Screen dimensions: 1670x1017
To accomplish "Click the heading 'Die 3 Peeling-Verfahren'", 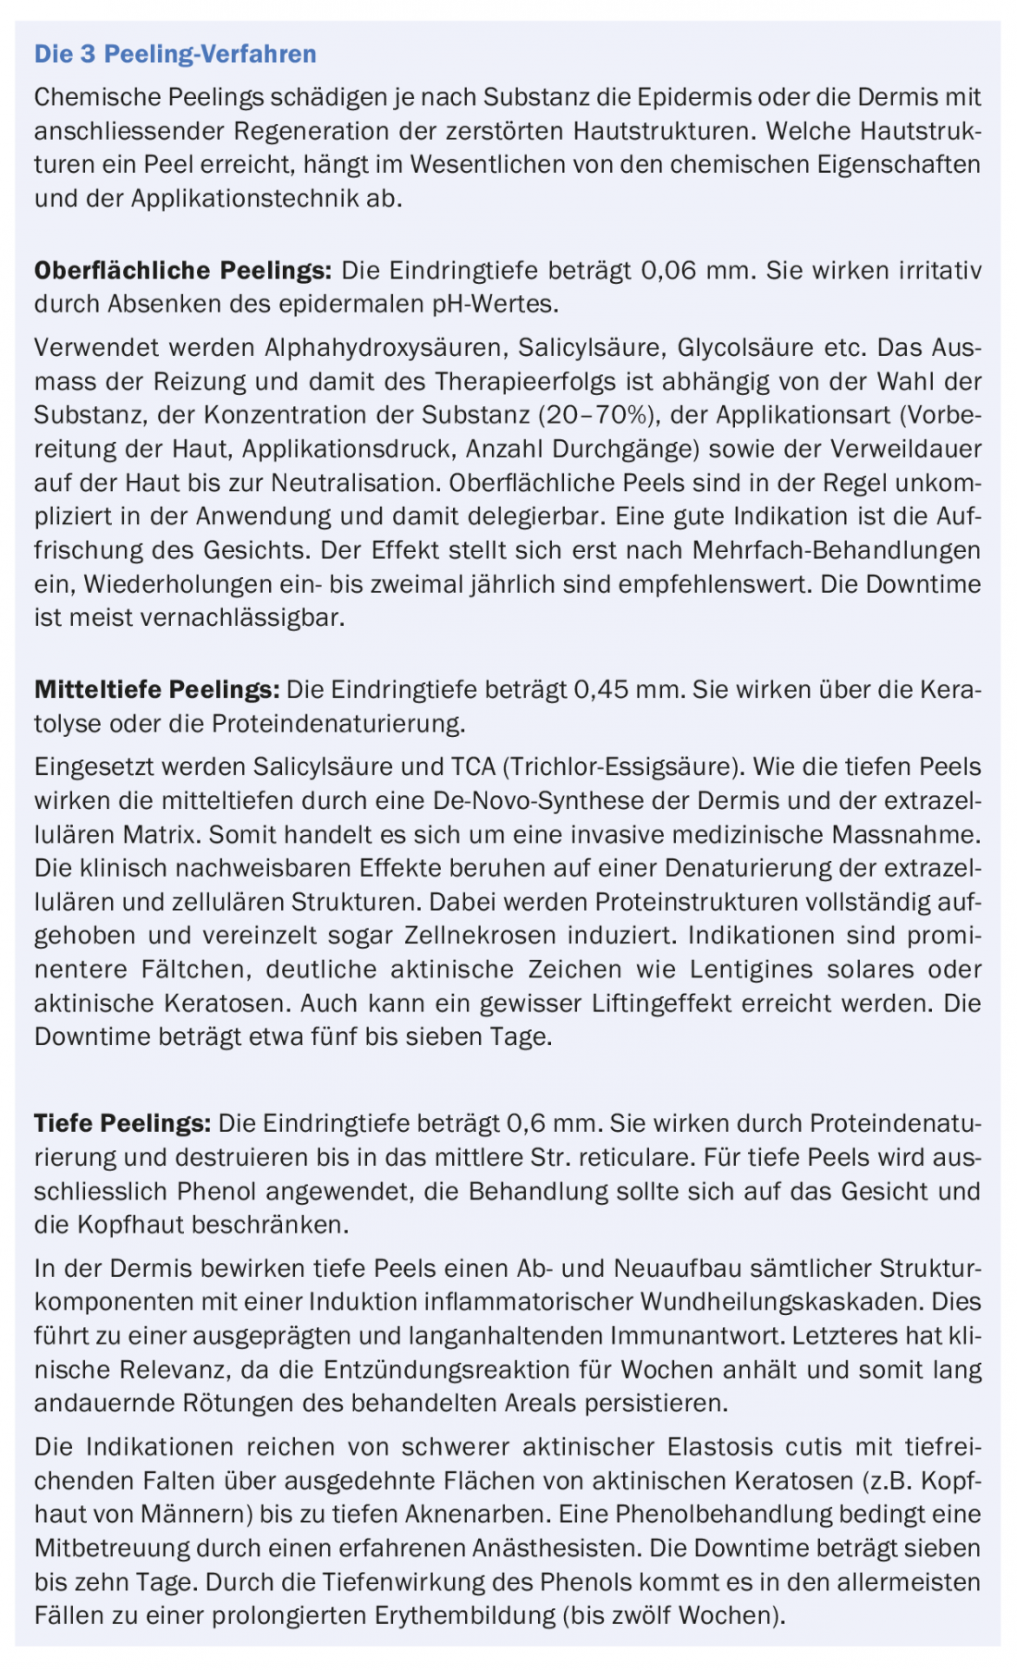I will click(175, 55).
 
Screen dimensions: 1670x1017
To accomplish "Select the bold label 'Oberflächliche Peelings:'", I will click(182, 271).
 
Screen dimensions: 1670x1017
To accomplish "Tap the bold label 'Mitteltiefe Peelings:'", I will click(156, 690).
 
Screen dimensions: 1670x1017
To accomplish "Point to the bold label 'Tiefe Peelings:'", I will click(122, 1124).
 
